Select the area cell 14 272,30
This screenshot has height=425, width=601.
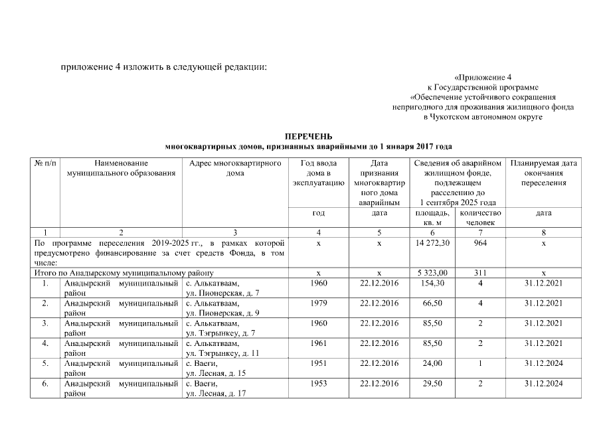431,244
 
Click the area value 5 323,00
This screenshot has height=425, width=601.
431,273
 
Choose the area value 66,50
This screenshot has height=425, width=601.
431,303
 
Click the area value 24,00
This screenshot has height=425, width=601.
431,365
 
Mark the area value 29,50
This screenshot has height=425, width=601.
431,384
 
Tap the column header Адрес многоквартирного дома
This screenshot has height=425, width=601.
235,168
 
